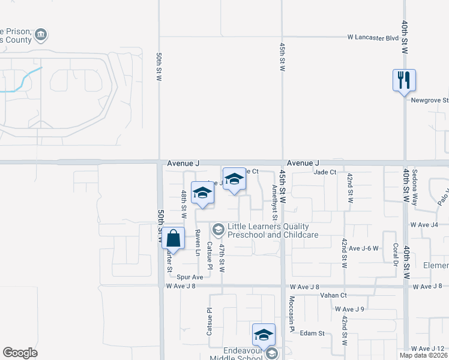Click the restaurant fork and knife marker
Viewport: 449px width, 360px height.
tap(404, 80)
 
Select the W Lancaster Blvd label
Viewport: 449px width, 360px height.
tap(373, 37)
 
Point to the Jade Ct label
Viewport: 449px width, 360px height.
tap(325, 172)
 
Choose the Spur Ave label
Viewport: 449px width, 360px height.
tap(190, 277)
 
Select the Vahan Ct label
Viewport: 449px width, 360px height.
tap(334, 295)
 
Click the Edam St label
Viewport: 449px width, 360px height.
tap(312, 333)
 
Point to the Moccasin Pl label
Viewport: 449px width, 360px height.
tap(292, 314)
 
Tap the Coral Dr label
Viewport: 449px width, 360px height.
tap(396, 254)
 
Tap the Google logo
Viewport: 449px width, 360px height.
tap(20, 353)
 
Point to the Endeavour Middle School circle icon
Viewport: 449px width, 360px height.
tap(272, 353)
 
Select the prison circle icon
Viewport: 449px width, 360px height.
tap(41, 35)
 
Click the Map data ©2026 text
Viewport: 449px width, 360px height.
tap(424, 355)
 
